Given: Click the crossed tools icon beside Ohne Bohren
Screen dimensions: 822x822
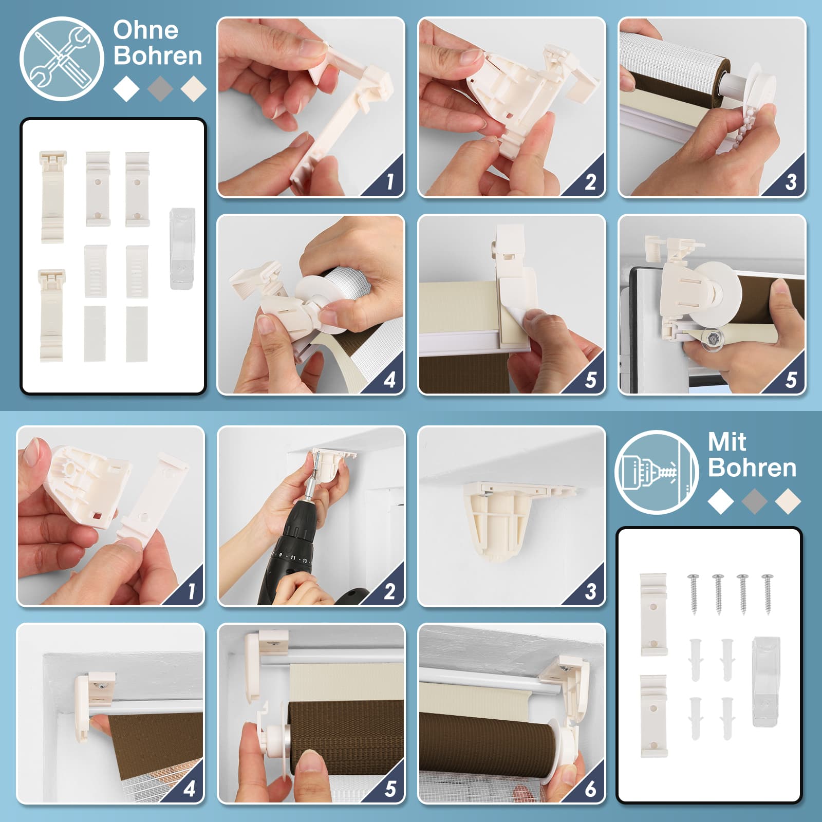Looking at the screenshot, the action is point(62,59).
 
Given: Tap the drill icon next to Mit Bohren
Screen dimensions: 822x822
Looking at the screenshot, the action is point(657,472).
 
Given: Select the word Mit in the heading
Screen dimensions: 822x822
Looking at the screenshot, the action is point(726,441).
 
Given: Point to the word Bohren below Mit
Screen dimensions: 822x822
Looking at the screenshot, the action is point(752,468).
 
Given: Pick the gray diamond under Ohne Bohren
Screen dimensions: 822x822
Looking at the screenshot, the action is point(160,88).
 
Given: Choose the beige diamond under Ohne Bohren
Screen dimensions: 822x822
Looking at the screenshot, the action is point(194,88).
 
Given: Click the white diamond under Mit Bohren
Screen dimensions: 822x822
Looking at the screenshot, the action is point(721,501).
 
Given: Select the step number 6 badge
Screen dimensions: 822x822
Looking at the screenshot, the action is point(590,788).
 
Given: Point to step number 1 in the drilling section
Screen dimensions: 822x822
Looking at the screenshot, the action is point(191,591).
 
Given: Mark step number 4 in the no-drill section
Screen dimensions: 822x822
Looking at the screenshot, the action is point(390,380).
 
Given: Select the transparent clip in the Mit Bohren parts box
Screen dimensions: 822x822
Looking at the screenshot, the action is point(765,681).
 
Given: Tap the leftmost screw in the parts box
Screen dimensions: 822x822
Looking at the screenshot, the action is point(694,594).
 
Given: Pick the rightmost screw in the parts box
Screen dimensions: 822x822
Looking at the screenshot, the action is point(768,594).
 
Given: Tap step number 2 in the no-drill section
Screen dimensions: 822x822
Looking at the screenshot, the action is point(590,181).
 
